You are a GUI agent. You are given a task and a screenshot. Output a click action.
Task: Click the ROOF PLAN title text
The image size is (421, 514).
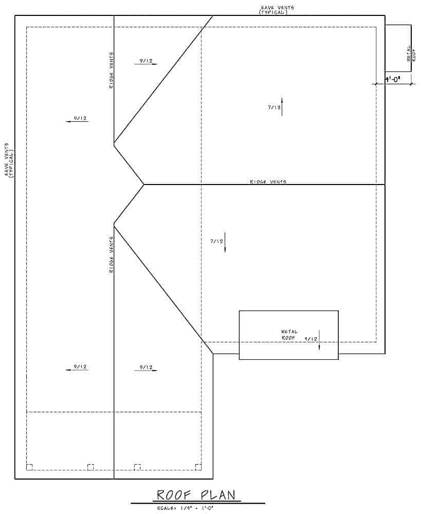click(x=196, y=495)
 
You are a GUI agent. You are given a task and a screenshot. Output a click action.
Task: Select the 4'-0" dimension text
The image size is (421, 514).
click(x=393, y=80)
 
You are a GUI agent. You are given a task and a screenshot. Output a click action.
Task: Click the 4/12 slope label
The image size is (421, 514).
click(x=311, y=339)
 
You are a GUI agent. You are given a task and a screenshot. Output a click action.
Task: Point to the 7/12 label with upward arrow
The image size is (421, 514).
click(x=273, y=107)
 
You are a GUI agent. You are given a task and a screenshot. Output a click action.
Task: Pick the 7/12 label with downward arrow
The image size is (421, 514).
click(x=216, y=241)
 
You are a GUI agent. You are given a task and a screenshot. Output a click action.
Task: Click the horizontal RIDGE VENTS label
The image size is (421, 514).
click(x=268, y=182)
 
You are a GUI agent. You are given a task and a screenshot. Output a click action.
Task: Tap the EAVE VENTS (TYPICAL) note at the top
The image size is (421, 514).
click(x=277, y=10)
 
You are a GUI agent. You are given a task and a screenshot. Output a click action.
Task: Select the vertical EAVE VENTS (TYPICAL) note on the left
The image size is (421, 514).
click(x=9, y=160)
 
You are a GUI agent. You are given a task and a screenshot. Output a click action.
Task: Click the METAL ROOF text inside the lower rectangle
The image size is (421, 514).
click(x=289, y=335)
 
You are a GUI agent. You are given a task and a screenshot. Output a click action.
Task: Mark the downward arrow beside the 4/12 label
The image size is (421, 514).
click(x=319, y=340)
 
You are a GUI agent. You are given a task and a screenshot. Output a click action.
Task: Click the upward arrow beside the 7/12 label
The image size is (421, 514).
click(x=282, y=106)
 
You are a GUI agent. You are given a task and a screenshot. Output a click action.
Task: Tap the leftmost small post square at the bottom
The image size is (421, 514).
click(x=29, y=467)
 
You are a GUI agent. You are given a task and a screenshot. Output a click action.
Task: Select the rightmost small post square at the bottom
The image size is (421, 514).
click(x=198, y=467)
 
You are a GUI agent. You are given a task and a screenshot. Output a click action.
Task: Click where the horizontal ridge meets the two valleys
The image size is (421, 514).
click(x=144, y=184)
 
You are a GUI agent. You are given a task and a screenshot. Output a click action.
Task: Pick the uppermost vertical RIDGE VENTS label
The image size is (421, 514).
click(x=112, y=70)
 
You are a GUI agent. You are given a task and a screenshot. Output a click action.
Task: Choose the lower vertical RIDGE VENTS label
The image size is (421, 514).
click(x=112, y=254)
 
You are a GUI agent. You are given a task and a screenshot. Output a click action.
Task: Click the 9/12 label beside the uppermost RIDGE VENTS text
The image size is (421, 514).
click(x=144, y=61)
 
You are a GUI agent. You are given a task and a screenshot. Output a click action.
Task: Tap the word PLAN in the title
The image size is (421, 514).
click(x=218, y=495)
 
